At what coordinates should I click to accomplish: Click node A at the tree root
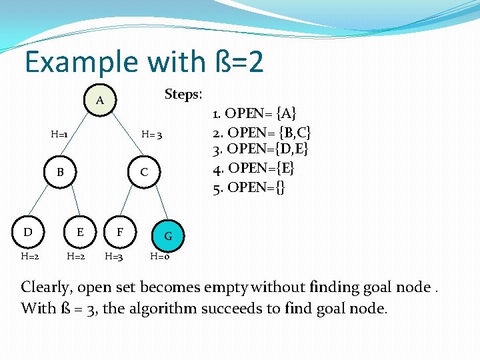point(99,101)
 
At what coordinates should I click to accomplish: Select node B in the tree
point(60,172)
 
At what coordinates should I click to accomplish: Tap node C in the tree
point(144,172)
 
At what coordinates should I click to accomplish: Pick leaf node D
point(28,232)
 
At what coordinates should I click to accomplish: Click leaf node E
point(80,232)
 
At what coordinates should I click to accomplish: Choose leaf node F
point(120,232)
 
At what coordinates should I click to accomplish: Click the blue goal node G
point(168,235)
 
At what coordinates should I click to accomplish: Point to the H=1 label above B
point(59,135)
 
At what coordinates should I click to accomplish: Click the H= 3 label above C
point(152,135)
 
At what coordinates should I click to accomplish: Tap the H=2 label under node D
point(29,255)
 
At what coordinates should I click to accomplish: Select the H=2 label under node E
point(75,255)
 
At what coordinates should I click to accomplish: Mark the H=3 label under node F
point(114,255)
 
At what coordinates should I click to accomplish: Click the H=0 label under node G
point(159,255)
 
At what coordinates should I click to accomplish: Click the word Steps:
point(183,94)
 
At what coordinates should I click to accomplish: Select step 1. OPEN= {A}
point(255,111)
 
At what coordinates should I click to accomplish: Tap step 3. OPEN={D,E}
point(261,149)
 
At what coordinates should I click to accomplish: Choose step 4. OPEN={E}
point(254,167)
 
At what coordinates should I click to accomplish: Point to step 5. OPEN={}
point(249,187)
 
